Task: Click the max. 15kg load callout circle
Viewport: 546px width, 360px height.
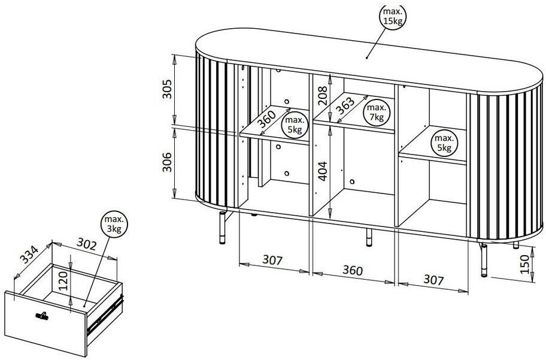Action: [x=393, y=16]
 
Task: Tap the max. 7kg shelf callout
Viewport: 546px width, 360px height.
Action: [x=377, y=112]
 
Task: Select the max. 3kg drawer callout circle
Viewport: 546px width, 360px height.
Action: [x=114, y=224]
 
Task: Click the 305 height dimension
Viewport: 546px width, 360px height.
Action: [x=168, y=89]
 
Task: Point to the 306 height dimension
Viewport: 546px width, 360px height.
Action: [x=168, y=162]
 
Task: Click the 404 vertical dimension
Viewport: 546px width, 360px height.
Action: [x=323, y=171]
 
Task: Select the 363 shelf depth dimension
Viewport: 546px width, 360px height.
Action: [x=345, y=105]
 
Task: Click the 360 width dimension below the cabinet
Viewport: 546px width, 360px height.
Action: [x=353, y=270]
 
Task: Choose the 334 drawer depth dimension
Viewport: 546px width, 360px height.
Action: [x=29, y=255]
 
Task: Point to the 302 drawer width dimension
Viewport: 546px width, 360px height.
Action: [x=86, y=244]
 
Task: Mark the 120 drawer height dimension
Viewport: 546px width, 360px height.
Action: [x=63, y=282]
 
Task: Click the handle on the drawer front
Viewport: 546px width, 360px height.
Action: [x=41, y=316]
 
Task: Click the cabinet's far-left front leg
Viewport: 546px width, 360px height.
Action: [x=222, y=227]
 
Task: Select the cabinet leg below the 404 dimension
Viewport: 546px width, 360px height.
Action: [x=369, y=238]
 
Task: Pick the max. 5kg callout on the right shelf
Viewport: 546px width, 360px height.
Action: [x=444, y=143]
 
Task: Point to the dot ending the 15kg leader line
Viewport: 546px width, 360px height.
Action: [x=367, y=58]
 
